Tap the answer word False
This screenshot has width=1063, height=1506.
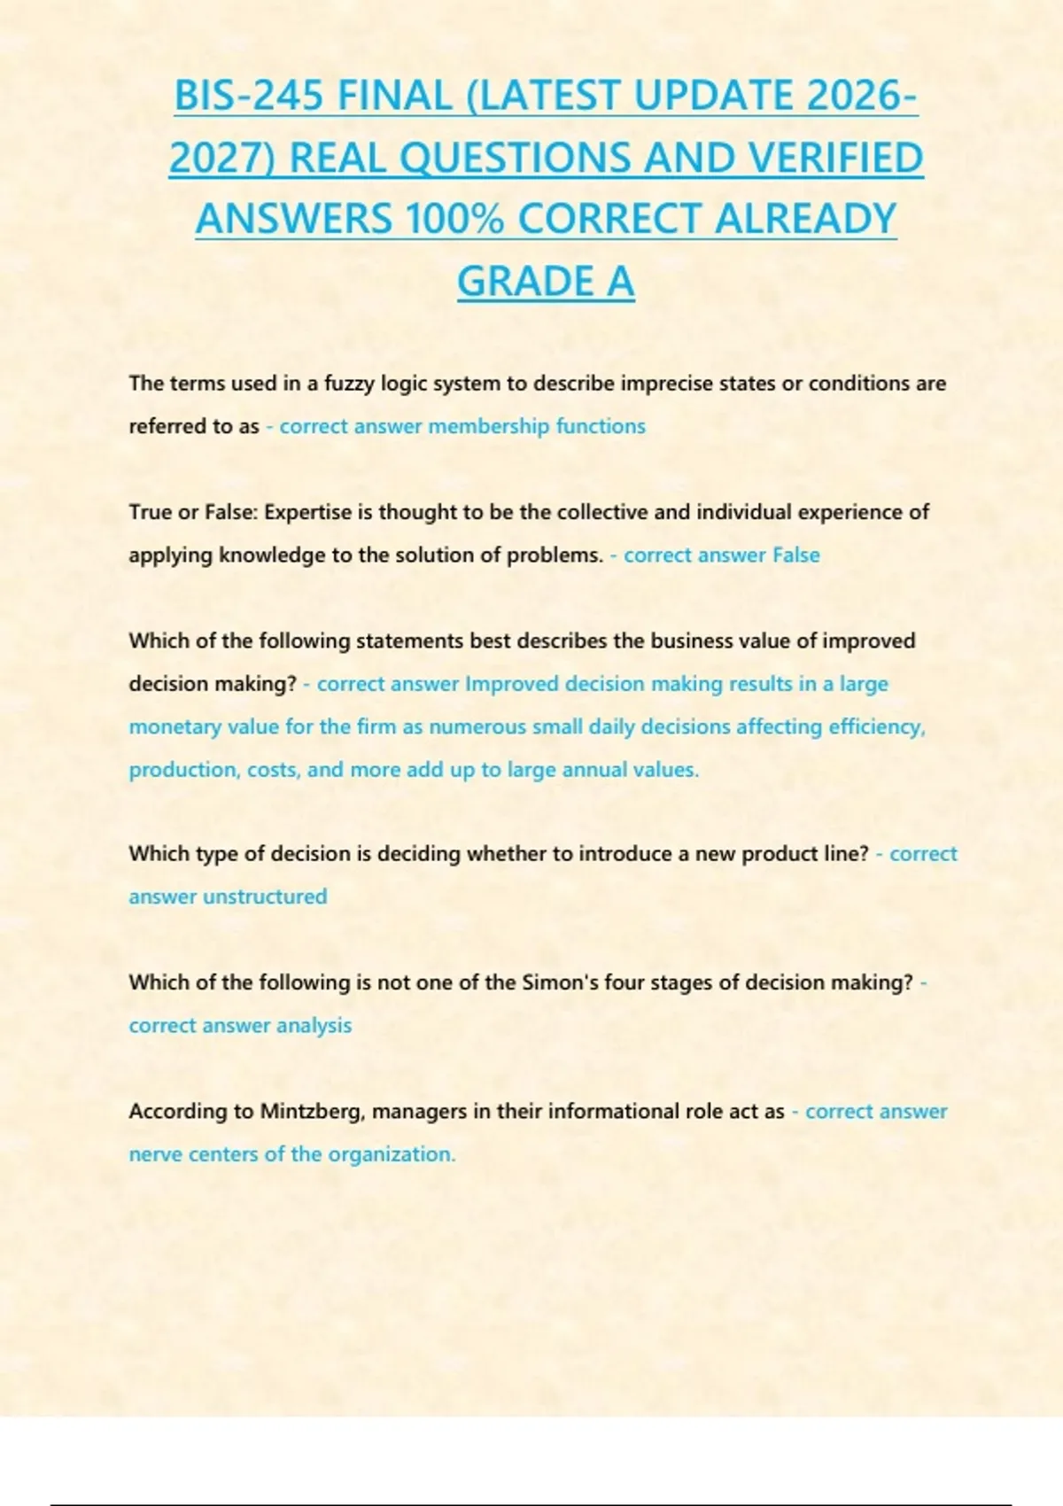(795, 555)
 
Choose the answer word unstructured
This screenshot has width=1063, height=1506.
(265, 897)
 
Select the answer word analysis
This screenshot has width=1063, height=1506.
(314, 1025)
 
